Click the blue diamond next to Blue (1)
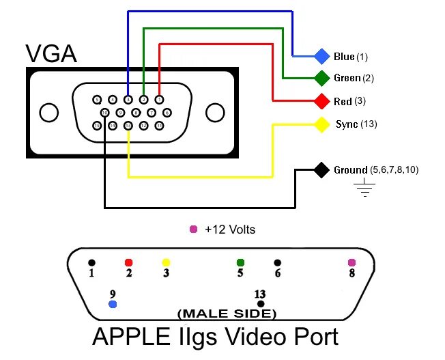point(321,55)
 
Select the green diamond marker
point(321,78)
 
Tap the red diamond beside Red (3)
point(321,102)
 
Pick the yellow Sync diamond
point(321,125)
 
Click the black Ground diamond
point(321,169)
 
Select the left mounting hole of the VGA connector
point(49,112)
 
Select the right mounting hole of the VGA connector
point(215,112)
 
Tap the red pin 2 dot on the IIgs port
point(128,262)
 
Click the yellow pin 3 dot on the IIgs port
point(165,262)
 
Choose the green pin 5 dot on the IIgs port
point(240,262)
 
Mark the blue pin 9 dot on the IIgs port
point(113,304)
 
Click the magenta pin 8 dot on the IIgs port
point(352,262)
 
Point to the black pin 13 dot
point(260,303)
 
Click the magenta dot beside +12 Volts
point(193,230)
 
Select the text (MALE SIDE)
point(227,314)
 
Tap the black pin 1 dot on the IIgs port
point(91,262)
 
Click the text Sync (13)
point(356,124)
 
